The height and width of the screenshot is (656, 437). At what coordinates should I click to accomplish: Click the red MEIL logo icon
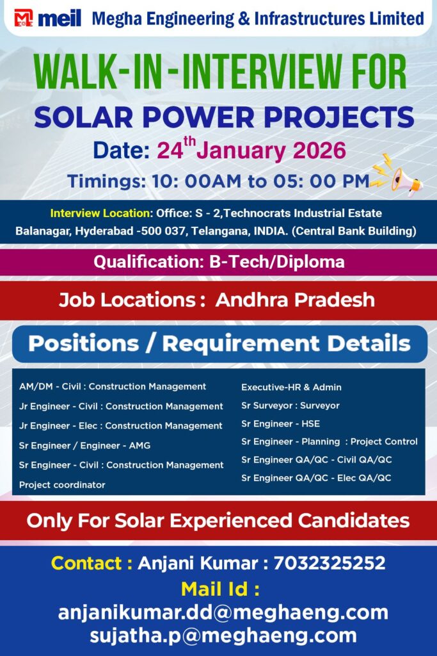24,18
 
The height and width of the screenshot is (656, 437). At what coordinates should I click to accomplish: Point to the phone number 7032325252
330,563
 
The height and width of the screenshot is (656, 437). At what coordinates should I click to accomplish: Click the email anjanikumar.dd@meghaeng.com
223,612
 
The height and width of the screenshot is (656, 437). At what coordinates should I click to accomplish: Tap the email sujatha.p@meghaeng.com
223,635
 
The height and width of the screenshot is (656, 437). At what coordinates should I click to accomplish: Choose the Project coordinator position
62,485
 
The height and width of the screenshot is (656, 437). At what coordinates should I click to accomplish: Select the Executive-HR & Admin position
291,388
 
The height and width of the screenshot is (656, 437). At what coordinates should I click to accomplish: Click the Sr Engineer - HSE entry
280,424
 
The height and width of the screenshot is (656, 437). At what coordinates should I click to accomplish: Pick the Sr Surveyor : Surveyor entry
290,406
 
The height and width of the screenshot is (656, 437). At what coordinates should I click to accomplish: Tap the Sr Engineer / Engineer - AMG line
85,446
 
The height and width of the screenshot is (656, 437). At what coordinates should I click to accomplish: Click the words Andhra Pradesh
295,300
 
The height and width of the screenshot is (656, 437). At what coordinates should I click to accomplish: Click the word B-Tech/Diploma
277,262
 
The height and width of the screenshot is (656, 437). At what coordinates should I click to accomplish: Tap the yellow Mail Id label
220,589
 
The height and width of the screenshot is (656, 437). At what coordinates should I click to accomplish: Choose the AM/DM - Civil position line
113,386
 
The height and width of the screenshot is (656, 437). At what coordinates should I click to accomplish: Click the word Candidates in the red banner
353,521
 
